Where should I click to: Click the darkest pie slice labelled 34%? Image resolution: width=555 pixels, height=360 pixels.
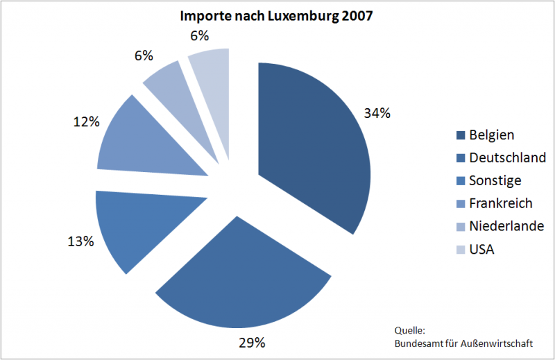(312, 146)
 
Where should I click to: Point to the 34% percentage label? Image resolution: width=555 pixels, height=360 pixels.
(377, 113)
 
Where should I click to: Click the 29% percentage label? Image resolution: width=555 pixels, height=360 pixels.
(252, 343)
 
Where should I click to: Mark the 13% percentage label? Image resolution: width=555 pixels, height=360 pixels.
(80, 241)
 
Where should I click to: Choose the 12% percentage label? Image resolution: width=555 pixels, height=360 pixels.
(85, 121)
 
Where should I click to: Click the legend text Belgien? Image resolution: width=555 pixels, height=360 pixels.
(492, 135)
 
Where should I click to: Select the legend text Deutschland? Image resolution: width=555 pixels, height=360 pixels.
(507, 158)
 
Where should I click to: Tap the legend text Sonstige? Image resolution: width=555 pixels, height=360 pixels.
(495, 181)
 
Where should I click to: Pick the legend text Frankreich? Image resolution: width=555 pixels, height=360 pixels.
(501, 203)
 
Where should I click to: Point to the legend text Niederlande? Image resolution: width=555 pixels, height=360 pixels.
(506, 226)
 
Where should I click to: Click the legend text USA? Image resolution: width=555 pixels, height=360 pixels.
(481, 248)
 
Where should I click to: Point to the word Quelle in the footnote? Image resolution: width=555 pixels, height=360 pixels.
(409, 331)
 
